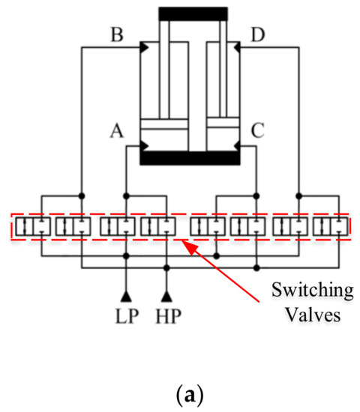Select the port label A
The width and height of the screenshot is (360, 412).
coord(115,131)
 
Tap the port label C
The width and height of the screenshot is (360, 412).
coord(258,132)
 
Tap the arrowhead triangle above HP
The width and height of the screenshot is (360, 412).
coord(166,290)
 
